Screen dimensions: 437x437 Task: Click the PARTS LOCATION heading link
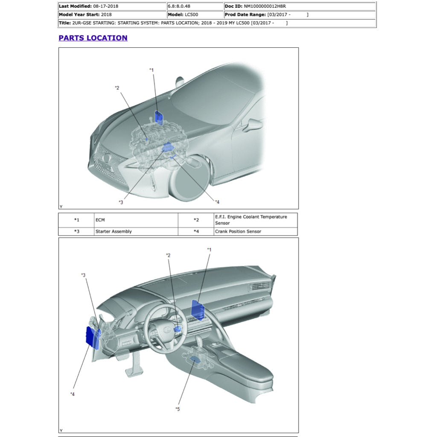tap(93, 38)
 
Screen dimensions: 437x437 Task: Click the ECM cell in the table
tap(100, 220)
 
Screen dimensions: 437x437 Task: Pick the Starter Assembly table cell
tap(114, 231)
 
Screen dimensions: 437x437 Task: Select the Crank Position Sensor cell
tap(238, 231)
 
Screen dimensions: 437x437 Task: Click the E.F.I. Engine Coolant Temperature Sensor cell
tap(251, 220)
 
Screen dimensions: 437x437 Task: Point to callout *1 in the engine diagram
tap(151, 70)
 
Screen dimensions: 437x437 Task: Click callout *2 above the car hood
tap(117, 88)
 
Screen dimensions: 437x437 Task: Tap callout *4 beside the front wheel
tap(217, 202)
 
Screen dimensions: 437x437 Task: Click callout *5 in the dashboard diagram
tap(178, 409)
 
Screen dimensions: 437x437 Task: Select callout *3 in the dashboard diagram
tap(84, 275)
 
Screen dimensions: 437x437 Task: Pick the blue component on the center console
tap(197, 358)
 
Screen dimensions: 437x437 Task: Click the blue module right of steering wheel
tap(198, 309)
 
